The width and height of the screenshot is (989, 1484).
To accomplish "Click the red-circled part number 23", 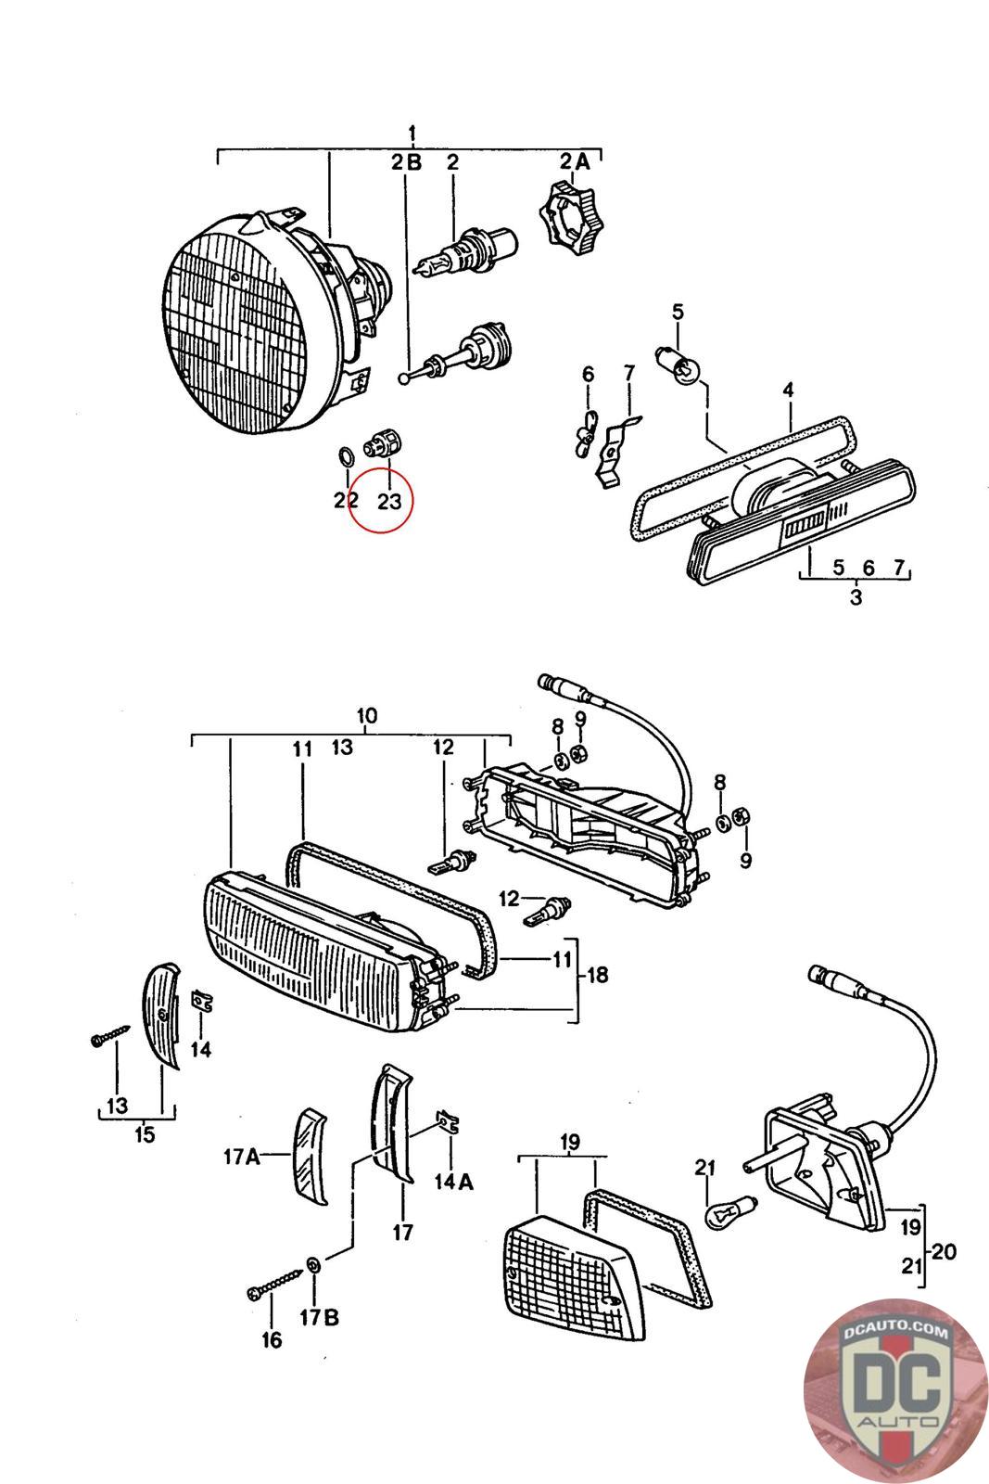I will (389, 502).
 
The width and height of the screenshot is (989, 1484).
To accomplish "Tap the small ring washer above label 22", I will (343, 457).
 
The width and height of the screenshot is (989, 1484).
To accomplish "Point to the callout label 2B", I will (405, 163).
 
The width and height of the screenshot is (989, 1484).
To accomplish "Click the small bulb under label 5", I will (676, 363).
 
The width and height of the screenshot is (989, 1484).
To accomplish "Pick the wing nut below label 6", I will (583, 436).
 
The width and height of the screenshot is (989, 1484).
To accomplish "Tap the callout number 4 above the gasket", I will (788, 390).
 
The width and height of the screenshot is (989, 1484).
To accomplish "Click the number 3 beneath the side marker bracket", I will (855, 597).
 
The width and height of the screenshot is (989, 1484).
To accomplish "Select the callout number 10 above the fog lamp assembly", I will (366, 716).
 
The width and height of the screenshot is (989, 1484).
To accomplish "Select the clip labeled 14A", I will (449, 1123).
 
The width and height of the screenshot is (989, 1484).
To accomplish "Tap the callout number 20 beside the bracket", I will (945, 1252).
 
